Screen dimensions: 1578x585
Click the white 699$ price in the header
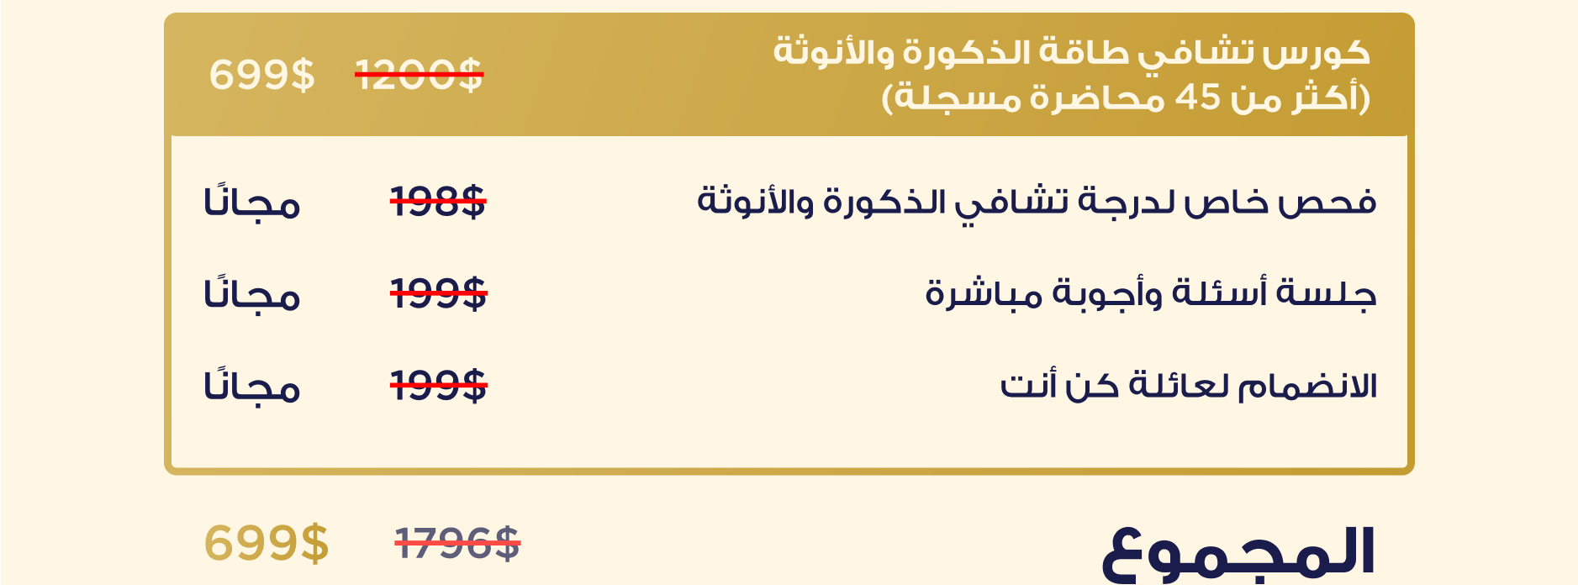[x=261, y=75]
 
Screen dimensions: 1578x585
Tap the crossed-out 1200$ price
[x=419, y=75]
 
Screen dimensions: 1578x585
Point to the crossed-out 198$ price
[x=438, y=202]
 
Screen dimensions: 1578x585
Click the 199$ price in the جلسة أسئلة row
[x=438, y=294]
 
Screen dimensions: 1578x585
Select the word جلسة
[x=1327, y=294]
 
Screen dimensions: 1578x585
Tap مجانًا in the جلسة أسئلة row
[x=252, y=294]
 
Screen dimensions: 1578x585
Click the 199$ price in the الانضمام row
[x=438, y=387]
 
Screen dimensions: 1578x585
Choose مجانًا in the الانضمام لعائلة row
[x=252, y=387]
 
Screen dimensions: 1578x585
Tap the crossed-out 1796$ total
[x=457, y=543]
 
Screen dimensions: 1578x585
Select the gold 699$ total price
[x=267, y=543]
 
